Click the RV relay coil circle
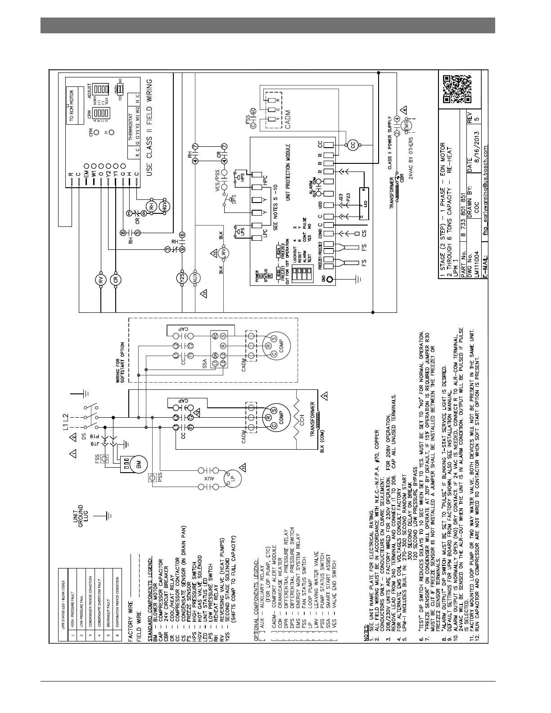click(x=101, y=280)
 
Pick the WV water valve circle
click(x=224, y=253)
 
